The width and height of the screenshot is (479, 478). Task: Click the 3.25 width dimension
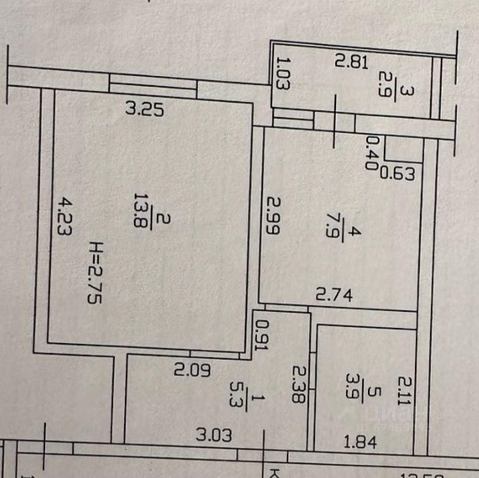tap(145, 109)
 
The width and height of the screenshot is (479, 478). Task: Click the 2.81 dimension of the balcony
tap(351, 62)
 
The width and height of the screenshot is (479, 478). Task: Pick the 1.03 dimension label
tap(283, 73)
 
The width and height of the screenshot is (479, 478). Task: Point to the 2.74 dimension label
tap(334, 294)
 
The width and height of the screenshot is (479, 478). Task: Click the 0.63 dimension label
tap(398, 174)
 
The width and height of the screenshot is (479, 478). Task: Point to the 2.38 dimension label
tap(299, 384)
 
